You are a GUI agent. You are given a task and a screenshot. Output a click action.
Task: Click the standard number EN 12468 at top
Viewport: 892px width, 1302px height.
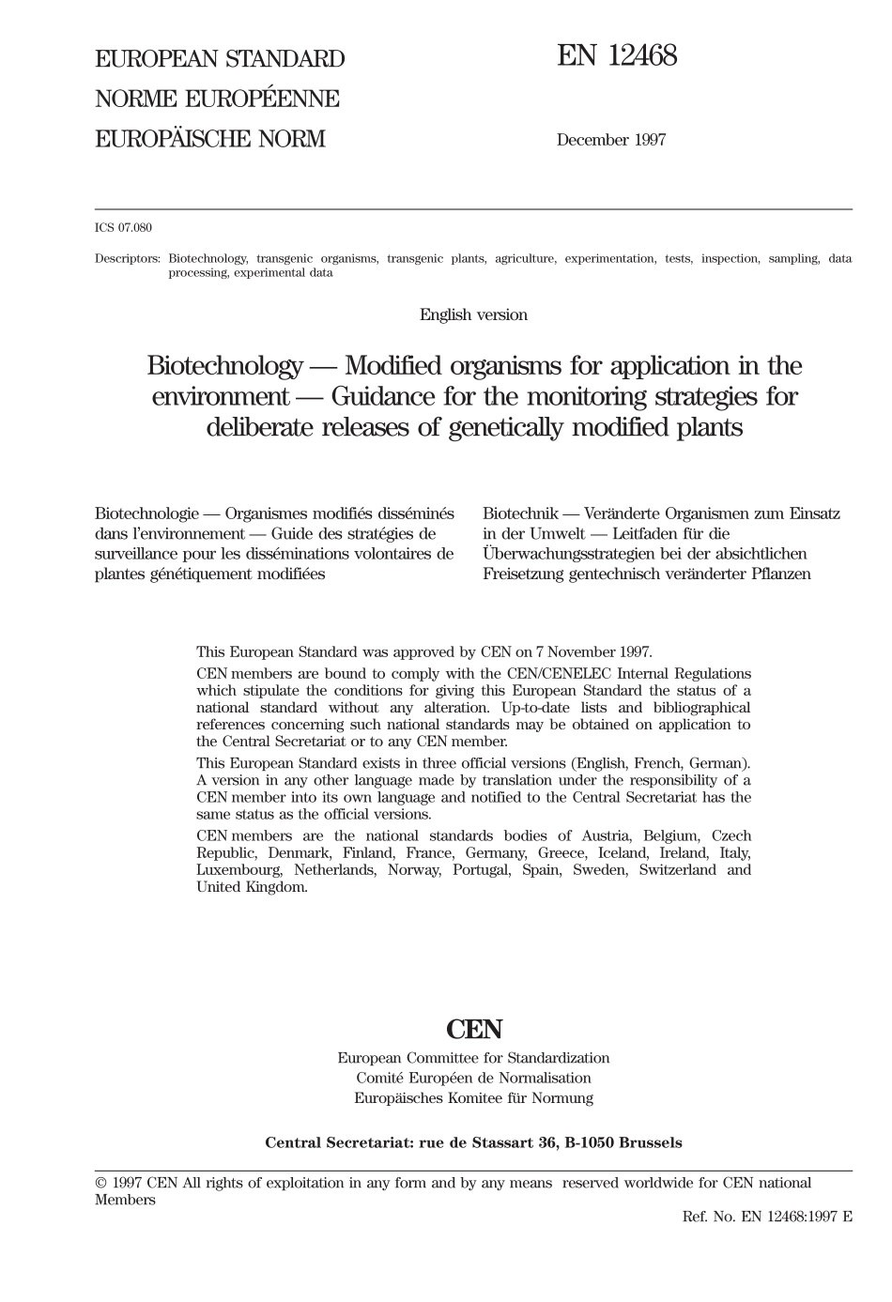point(617,57)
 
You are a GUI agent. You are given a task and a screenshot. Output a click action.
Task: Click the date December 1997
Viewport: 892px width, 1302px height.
point(610,140)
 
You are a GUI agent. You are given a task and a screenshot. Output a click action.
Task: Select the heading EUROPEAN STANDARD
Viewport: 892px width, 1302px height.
point(220,59)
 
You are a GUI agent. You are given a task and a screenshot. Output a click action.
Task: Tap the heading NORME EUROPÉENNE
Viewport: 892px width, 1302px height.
point(217,99)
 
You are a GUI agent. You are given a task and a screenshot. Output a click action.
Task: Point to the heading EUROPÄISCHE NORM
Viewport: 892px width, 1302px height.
point(209,139)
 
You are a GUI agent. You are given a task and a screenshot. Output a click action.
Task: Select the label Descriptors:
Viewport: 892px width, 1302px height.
point(128,258)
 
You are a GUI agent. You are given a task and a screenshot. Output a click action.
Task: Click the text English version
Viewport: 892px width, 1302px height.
point(473,315)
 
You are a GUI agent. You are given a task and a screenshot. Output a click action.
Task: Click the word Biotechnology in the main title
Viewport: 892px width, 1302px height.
point(224,365)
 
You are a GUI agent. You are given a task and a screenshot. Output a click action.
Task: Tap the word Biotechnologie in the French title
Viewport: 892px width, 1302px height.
point(146,513)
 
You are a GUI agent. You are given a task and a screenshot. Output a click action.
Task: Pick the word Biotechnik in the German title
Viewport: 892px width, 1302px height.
point(520,513)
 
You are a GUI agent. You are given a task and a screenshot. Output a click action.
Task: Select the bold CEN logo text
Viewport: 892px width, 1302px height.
point(474,1030)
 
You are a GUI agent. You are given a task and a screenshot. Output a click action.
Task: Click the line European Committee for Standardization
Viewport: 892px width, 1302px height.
point(473,1058)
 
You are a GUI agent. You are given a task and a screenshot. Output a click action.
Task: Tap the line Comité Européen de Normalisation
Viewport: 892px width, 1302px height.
point(473,1078)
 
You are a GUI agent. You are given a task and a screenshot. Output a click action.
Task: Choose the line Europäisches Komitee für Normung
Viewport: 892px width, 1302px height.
point(473,1097)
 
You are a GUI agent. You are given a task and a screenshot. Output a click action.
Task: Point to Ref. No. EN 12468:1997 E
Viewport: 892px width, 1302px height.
point(767,1217)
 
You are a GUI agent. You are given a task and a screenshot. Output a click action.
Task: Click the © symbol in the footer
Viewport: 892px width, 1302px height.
point(100,1184)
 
